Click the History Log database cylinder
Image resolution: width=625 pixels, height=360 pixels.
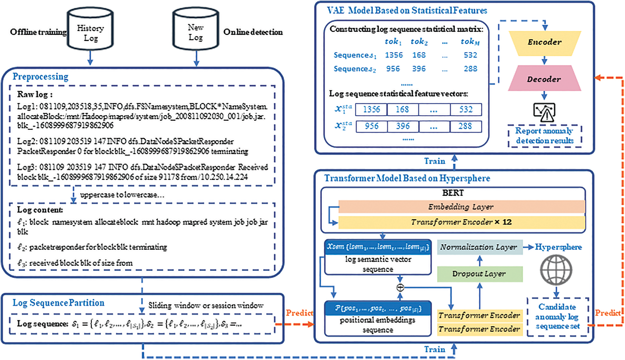(x=90, y=30)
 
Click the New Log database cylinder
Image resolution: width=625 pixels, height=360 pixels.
(x=196, y=30)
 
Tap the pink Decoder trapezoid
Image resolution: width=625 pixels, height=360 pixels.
(x=544, y=79)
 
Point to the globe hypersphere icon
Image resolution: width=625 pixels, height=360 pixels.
(x=556, y=270)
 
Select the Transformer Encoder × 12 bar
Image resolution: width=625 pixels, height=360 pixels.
(x=461, y=222)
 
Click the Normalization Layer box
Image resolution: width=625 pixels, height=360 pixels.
(x=479, y=247)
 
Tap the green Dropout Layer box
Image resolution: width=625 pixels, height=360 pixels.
(x=479, y=274)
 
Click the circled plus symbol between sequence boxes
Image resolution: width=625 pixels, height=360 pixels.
(x=400, y=287)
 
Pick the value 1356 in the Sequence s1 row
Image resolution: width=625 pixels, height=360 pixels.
(x=394, y=55)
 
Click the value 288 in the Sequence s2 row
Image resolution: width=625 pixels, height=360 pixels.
(x=470, y=69)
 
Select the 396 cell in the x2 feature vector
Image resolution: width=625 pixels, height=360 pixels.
(x=403, y=126)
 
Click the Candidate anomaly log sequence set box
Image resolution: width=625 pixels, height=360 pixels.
(x=557, y=317)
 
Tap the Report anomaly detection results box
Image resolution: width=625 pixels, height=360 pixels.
(x=544, y=136)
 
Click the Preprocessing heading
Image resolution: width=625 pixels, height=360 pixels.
(x=40, y=77)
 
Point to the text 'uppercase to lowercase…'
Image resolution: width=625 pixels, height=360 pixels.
(x=122, y=195)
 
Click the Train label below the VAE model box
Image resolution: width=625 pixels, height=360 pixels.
(x=435, y=161)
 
